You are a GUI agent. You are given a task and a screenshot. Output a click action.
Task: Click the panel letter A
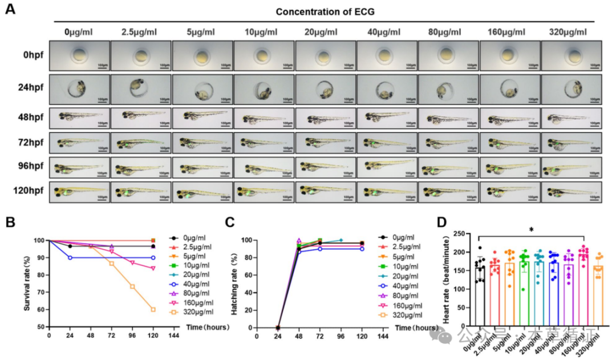pos(10,10)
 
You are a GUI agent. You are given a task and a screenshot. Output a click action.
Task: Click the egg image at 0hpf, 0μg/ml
pos(80,55)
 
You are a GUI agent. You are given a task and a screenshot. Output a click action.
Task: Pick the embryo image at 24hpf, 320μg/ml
pos(571,89)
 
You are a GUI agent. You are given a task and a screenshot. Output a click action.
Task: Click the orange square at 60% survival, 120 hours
pos(153,309)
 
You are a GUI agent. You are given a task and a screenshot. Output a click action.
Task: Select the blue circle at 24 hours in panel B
pos(70,257)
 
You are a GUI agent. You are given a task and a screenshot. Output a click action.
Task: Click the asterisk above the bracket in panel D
pos(531,230)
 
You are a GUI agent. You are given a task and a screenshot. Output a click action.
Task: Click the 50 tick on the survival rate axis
pos(42,327)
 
